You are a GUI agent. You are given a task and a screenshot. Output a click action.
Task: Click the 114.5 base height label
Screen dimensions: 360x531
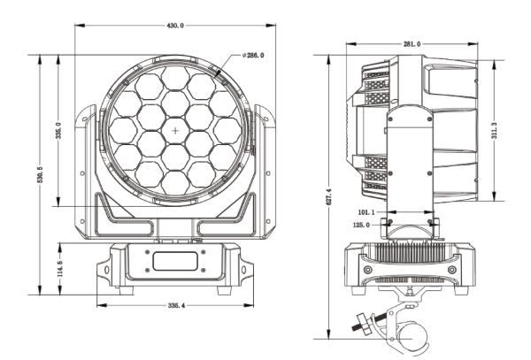(x=58, y=267)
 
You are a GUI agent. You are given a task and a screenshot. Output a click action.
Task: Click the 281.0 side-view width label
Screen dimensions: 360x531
(x=412, y=43)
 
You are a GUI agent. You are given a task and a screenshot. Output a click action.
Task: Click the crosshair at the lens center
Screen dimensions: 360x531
(x=175, y=131)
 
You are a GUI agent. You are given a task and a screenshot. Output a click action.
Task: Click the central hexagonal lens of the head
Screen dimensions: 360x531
(x=175, y=131)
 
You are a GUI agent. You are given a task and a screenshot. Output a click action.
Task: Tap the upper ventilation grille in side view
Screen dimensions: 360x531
(x=377, y=88)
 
